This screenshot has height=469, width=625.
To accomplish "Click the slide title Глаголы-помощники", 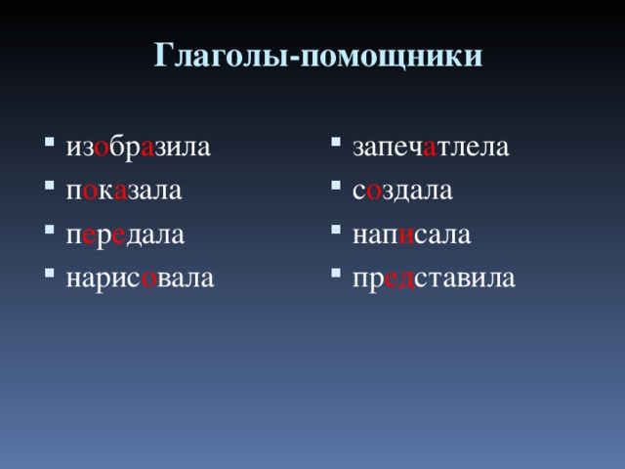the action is point(318,55).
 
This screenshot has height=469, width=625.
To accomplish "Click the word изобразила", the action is point(139,148).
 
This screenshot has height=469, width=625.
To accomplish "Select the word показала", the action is point(124,192).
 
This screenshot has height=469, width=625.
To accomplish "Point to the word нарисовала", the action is point(140,278).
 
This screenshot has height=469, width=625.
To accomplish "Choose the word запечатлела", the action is point(431,148).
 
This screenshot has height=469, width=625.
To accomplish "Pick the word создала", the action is point(402,192).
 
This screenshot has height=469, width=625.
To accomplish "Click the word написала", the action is point(412,235).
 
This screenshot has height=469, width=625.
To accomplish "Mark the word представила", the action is point(434,278).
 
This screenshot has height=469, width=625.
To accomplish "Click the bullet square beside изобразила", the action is point(50,142).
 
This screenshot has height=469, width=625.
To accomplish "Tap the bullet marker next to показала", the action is point(50,186).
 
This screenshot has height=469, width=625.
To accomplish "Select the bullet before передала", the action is point(50,230).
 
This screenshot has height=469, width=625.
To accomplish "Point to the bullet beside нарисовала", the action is point(50,273).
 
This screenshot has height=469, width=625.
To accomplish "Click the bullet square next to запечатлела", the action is point(336,142).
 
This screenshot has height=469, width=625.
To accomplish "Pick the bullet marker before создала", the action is point(336,186).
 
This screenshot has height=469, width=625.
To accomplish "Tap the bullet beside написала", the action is point(336,230).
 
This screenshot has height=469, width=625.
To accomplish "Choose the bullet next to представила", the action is point(336,273).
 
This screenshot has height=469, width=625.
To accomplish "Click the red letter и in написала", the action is point(406,235).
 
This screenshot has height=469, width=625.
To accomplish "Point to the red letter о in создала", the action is point(373,192).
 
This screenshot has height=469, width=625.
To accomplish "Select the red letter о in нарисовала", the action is point(149,279).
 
